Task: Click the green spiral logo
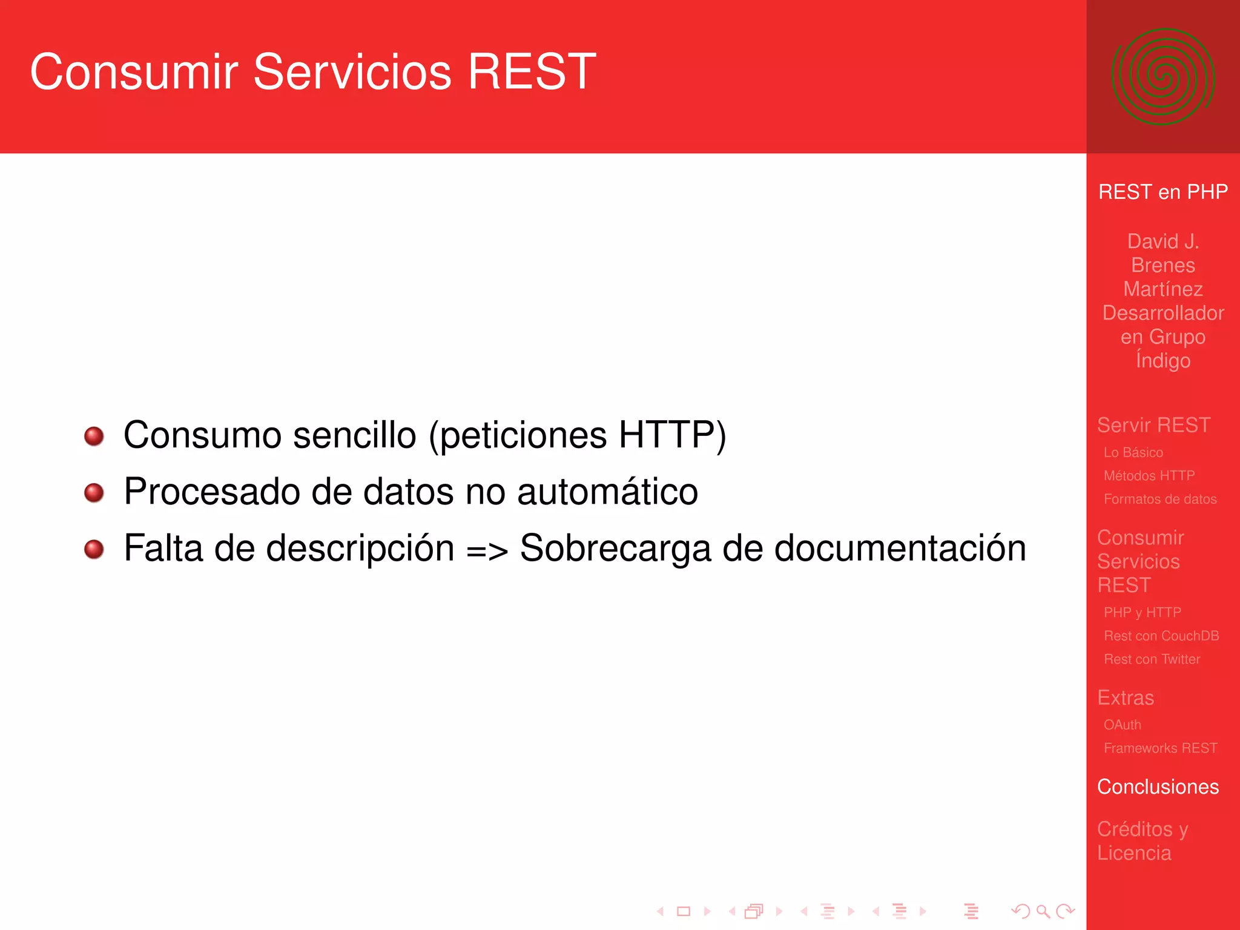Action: pyautogui.click(x=1162, y=76)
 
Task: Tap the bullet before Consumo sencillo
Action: pyautogui.click(x=94, y=436)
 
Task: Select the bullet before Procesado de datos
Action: pyautogui.click(x=94, y=492)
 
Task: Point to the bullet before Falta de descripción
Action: pyautogui.click(x=94, y=549)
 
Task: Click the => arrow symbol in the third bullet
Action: pyautogui.click(x=487, y=550)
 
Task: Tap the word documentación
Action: pyautogui.click(x=900, y=548)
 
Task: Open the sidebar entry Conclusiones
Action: pyautogui.click(x=1158, y=787)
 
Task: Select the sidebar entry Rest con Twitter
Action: pyautogui.click(x=1152, y=659)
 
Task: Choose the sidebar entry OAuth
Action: pyautogui.click(x=1122, y=725)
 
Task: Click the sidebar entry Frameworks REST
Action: pyautogui.click(x=1160, y=748)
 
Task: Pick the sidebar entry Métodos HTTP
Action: pyautogui.click(x=1149, y=476)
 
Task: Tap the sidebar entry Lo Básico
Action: pyautogui.click(x=1133, y=452)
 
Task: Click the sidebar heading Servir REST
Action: pyautogui.click(x=1153, y=425)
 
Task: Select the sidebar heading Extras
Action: pyautogui.click(x=1126, y=697)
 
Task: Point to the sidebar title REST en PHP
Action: pyautogui.click(x=1162, y=192)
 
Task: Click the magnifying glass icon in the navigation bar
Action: pyautogui.click(x=1043, y=911)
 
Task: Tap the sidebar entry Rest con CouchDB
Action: pyautogui.click(x=1161, y=636)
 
